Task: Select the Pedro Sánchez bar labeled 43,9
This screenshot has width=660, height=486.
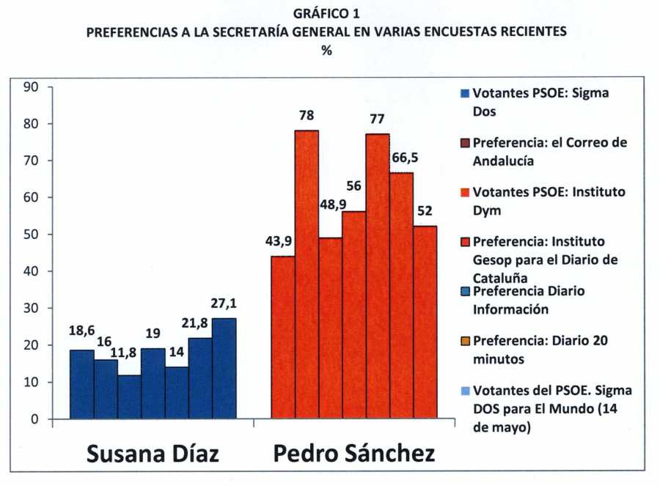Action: (283, 337)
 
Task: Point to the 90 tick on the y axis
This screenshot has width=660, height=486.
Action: (31, 86)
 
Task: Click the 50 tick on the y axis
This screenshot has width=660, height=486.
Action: (31, 235)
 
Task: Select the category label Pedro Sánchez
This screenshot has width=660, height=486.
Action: (353, 453)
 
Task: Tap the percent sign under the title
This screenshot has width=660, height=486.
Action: (326, 51)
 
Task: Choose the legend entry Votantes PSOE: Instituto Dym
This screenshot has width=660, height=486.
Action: (549, 199)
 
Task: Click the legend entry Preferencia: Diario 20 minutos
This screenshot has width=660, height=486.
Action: (540, 350)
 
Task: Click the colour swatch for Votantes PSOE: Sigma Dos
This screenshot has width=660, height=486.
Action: (465, 95)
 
